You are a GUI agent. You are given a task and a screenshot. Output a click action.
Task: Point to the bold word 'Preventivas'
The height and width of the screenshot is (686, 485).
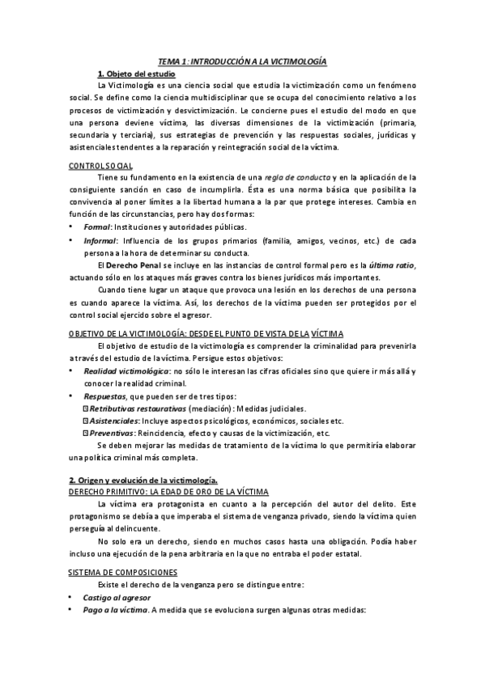point(112,433)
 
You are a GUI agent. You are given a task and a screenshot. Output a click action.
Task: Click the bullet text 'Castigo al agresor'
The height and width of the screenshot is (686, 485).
point(116,596)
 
